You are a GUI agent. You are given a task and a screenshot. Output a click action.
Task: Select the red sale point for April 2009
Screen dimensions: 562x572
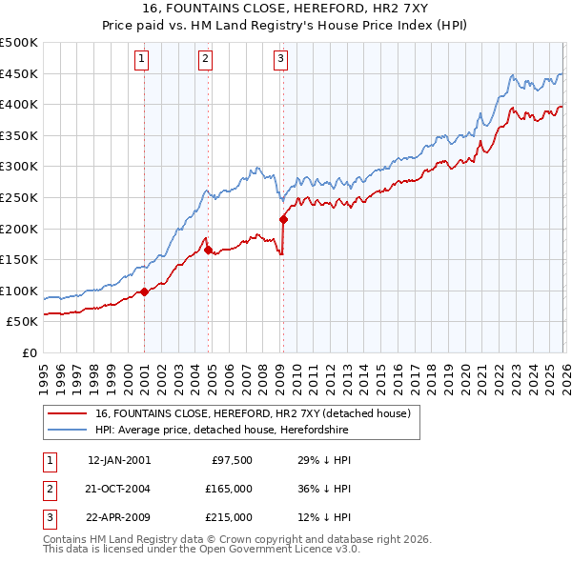click(283, 219)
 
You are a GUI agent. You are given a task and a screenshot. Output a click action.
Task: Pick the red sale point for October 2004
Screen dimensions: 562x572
click(208, 250)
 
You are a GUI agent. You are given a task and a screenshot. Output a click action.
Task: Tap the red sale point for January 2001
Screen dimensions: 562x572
click(144, 291)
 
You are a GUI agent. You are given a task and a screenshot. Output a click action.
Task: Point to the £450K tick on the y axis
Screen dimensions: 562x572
click(20, 73)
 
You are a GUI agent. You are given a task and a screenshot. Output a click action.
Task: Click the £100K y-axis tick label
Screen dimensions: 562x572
click(20, 291)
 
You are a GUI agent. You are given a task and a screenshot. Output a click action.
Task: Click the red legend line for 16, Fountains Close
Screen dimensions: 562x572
click(67, 413)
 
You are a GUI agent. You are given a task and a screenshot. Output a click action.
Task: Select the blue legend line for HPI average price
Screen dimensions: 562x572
click(67, 430)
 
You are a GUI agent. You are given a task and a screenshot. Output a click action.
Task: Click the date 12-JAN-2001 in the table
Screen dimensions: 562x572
click(118, 460)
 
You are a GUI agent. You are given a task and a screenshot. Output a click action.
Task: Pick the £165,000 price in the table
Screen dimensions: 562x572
click(229, 489)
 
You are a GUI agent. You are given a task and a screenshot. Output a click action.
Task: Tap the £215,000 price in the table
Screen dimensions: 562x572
click(229, 517)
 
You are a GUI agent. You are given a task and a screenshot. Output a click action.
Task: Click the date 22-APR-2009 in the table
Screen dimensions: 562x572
click(118, 517)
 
